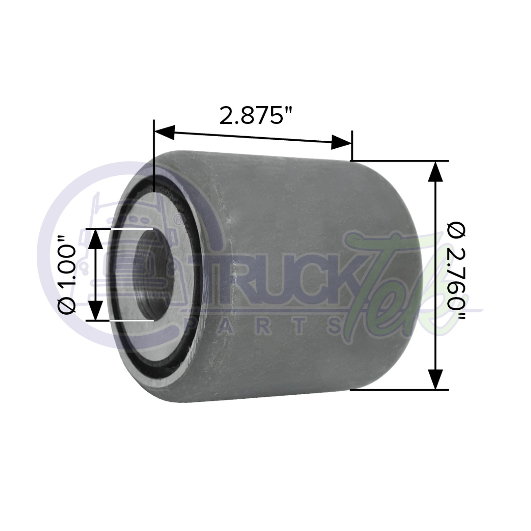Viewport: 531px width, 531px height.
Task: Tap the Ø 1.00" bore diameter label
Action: point(69,274)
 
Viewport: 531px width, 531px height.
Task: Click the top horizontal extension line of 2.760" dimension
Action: point(398,160)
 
